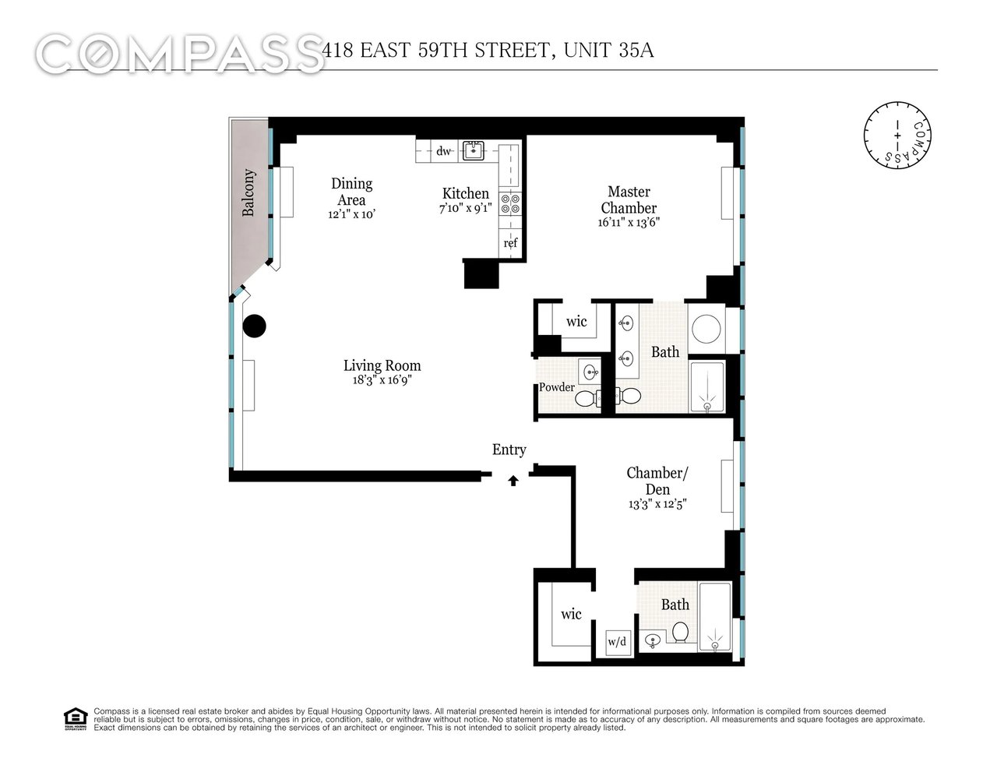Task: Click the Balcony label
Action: click(248, 192)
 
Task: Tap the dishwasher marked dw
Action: click(444, 151)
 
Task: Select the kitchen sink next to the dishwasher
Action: click(472, 150)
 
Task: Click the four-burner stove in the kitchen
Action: click(509, 204)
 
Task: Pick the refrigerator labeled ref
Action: click(510, 243)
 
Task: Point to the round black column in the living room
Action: click(255, 326)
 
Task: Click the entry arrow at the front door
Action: click(513, 481)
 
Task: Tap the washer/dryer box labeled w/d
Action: click(617, 642)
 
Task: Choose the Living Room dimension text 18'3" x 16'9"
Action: click(382, 381)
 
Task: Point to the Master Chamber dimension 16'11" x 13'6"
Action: click(629, 222)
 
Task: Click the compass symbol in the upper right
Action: click(897, 134)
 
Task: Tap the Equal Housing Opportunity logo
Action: click(75, 718)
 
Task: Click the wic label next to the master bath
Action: click(576, 322)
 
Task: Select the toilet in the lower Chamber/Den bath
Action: click(681, 632)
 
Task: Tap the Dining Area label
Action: click(352, 192)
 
